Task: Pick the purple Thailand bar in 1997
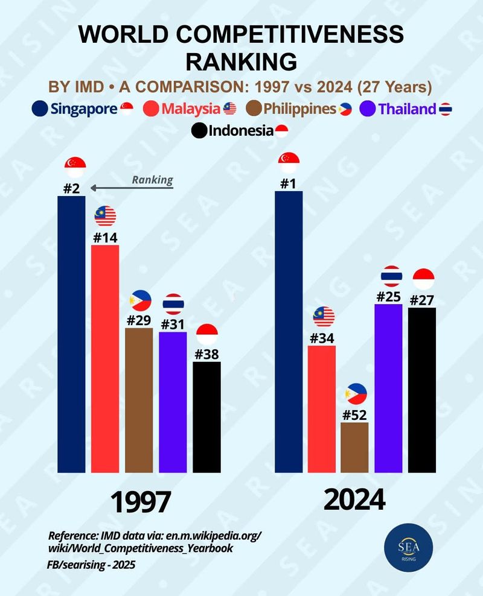point(173,401)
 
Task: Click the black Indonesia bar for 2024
point(422,390)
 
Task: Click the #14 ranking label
point(105,237)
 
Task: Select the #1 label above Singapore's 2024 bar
point(289,183)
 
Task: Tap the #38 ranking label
point(206,354)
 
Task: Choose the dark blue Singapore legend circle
point(40,109)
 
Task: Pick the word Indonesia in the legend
point(241,130)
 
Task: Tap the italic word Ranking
point(152,179)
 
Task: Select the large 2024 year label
point(354,500)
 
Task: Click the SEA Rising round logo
point(405,551)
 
